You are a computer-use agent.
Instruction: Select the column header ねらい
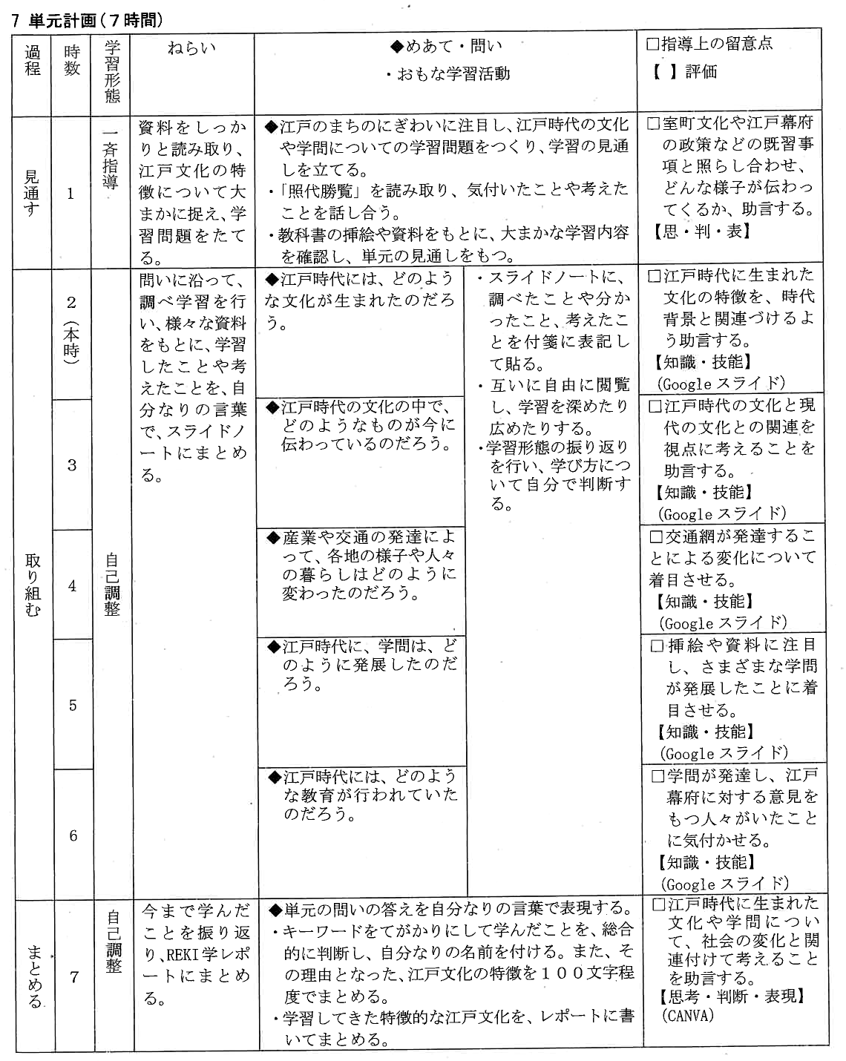[191, 47]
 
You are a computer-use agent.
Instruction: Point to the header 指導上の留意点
[715, 44]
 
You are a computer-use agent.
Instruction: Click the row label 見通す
[33, 192]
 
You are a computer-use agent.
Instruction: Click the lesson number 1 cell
[71, 194]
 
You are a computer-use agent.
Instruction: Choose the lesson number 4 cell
[72, 585]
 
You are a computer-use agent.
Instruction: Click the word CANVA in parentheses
[687, 1016]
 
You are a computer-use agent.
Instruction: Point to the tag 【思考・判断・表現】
[731, 996]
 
